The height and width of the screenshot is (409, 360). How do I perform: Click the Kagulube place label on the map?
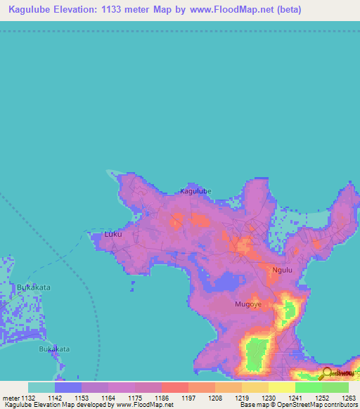[195, 190]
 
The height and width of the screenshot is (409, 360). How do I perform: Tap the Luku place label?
[112, 235]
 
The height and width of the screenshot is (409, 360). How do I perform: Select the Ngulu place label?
[281, 269]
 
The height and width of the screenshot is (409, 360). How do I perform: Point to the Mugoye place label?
[247, 304]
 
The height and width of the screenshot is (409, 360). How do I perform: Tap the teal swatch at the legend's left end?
[41, 387]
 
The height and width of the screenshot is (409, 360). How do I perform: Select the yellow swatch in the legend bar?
[281, 387]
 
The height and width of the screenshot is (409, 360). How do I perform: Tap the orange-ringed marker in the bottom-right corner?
[328, 373]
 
